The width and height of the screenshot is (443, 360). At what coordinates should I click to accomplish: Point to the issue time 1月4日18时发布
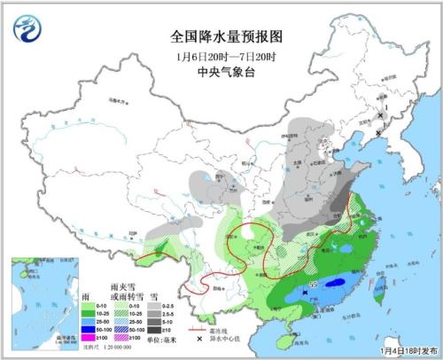tap(407, 351)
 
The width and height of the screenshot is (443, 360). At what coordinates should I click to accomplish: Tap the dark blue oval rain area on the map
tap(334, 286)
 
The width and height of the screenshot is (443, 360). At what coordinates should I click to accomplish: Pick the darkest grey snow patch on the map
tap(339, 210)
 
